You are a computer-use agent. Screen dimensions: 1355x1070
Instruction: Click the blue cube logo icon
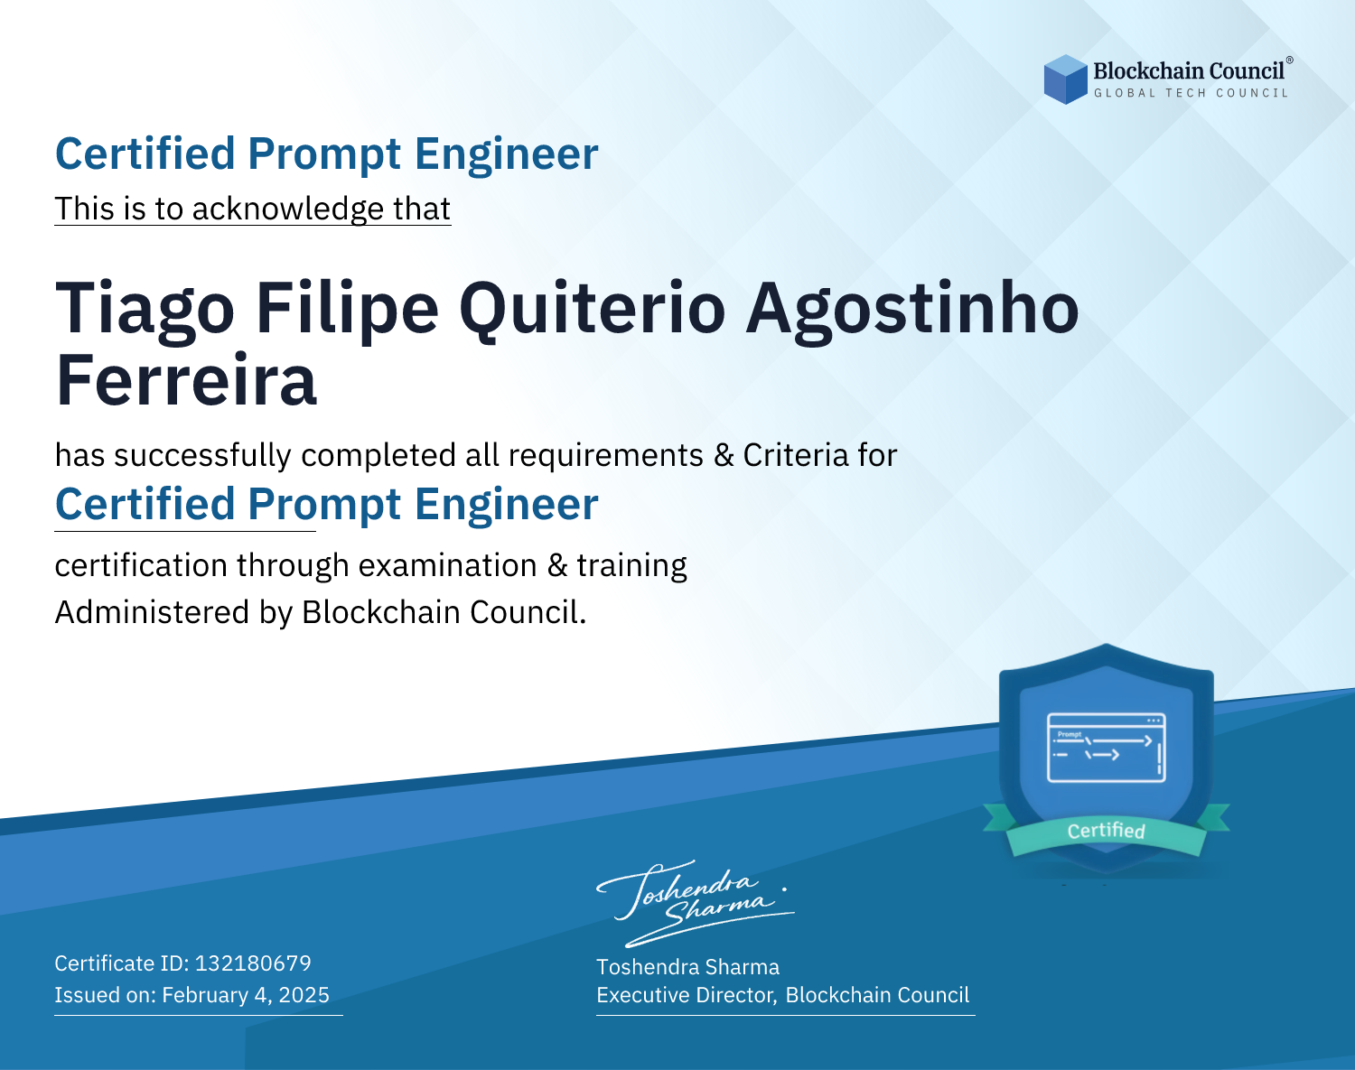[x=1065, y=79]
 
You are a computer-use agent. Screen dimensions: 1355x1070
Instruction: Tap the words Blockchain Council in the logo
[x=1189, y=71]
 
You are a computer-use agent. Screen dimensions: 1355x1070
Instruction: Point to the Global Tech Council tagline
[x=1191, y=93]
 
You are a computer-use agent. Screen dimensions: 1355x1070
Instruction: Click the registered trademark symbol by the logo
[x=1290, y=60]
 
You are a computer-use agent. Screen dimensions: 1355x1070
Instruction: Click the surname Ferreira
[x=186, y=380]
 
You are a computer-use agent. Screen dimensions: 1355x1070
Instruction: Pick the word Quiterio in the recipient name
[x=593, y=310]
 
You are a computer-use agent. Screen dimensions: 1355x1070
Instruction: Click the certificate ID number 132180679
[x=253, y=963]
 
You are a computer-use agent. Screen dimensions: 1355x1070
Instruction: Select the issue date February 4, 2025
[x=246, y=995]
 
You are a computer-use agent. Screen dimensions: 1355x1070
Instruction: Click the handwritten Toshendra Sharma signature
[x=696, y=903]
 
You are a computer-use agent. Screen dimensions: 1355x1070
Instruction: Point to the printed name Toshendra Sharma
[x=687, y=967]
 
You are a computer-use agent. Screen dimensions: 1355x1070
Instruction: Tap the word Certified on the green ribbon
[x=1107, y=831]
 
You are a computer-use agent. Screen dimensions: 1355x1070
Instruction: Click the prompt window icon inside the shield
[x=1107, y=748]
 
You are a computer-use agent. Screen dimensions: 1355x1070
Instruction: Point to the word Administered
[x=153, y=612]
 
